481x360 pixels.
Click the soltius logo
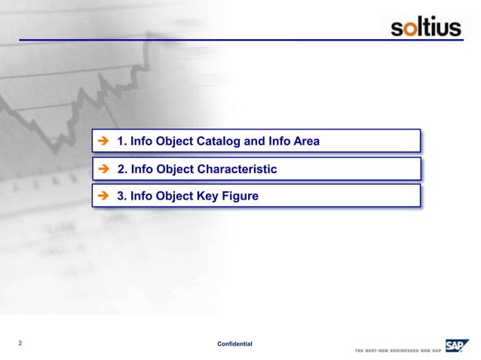click(x=426, y=29)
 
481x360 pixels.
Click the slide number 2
click(x=20, y=343)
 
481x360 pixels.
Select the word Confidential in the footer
click(x=234, y=344)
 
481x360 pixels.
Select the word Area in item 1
click(x=305, y=142)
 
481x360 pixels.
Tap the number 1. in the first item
click(x=121, y=142)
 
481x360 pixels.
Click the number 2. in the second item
click(x=121, y=169)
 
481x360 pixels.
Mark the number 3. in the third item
click(x=121, y=197)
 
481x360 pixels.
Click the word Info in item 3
click(x=142, y=197)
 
